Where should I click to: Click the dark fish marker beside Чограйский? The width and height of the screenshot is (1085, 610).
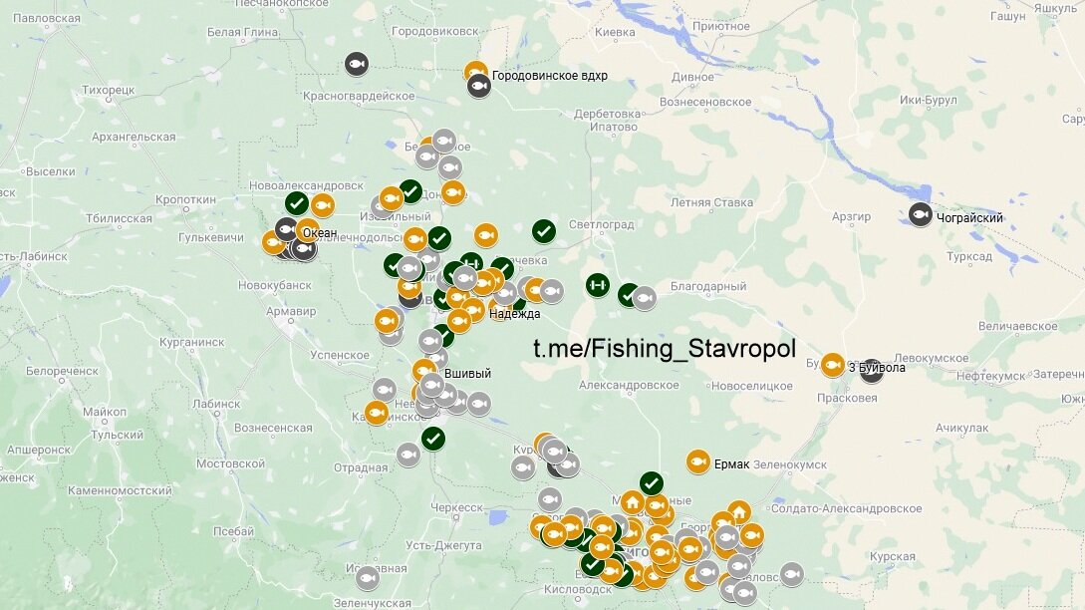920,214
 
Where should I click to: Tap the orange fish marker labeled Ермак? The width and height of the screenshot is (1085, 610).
697,461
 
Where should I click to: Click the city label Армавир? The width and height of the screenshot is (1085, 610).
290,312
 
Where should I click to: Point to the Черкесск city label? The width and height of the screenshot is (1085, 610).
455,507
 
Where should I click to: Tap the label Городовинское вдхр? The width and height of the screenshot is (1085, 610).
549,76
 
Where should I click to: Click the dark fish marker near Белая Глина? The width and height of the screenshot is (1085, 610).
357,65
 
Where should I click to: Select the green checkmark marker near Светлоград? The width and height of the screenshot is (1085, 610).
543,231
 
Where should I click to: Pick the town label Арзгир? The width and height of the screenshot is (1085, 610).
852,216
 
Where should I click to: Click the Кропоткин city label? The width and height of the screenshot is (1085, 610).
185,199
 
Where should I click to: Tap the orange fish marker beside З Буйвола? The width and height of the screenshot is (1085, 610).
832,365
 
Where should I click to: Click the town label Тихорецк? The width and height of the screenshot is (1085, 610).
108,90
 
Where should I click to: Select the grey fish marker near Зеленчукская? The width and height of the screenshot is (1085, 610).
367,577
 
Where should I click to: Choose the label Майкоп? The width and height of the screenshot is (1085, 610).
105,412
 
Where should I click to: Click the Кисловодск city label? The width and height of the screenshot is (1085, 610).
544,589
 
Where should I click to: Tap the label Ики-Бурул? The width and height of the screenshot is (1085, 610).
928,101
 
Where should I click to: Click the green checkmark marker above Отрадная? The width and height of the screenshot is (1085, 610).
432,438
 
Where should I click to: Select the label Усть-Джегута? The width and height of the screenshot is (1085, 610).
443,545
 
